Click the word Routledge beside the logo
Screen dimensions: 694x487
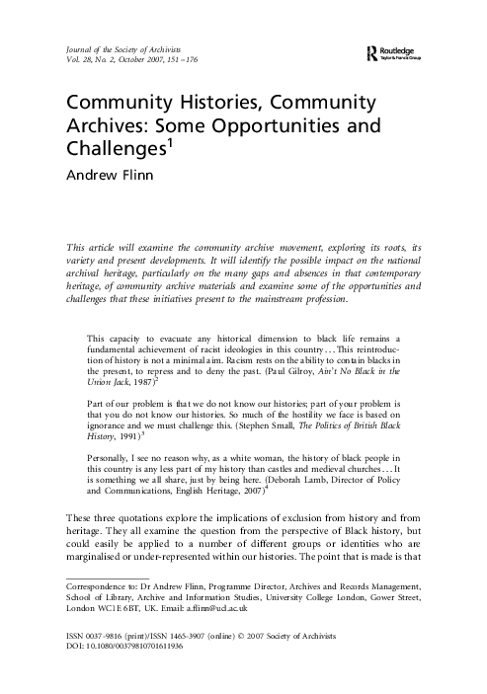(x=405, y=49)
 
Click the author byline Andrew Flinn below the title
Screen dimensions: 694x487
(x=104, y=179)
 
